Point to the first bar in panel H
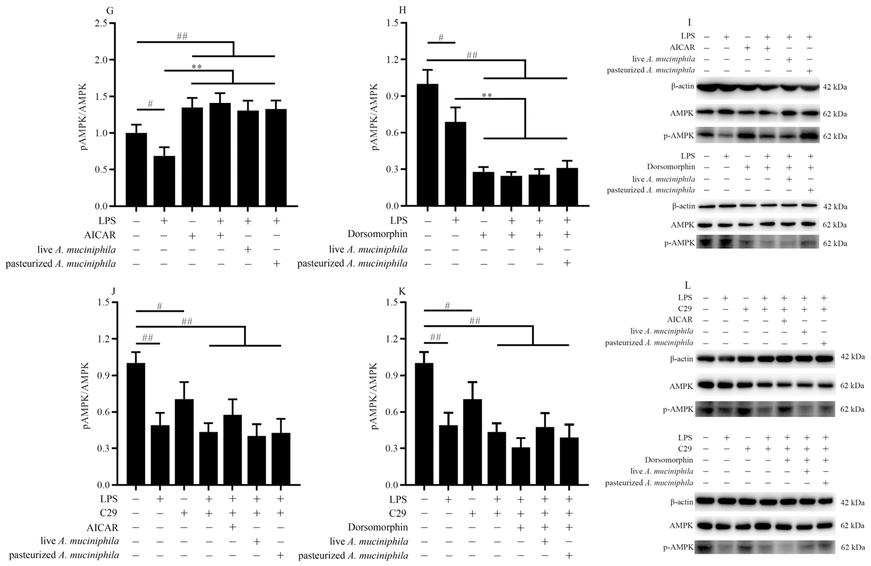point(427,145)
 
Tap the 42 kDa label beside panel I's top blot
point(834,87)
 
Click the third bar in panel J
point(184,442)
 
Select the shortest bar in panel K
point(520,466)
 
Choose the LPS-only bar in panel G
point(164,181)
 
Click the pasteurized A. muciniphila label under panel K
point(353,556)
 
